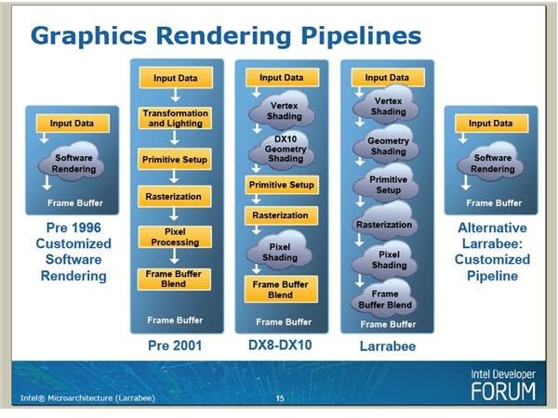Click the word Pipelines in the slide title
tap(361, 36)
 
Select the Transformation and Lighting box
tap(175, 118)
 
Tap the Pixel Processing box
tap(175, 237)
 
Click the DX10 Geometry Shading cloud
tap(283, 150)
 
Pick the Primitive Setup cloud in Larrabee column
tap(386, 184)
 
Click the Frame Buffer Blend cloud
tap(384, 298)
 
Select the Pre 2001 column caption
tap(175, 346)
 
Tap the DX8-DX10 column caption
tap(280, 346)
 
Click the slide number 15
tap(280, 398)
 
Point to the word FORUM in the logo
tap(503, 391)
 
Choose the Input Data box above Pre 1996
tap(73, 124)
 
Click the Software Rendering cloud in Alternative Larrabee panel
tap(491, 162)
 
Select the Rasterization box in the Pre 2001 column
tap(175, 197)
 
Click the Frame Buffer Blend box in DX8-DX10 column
tap(281, 289)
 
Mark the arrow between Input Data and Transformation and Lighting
tap(175, 96)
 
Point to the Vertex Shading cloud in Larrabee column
tap(386, 105)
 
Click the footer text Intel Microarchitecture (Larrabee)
tap(87, 398)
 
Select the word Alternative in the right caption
tap(492, 228)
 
